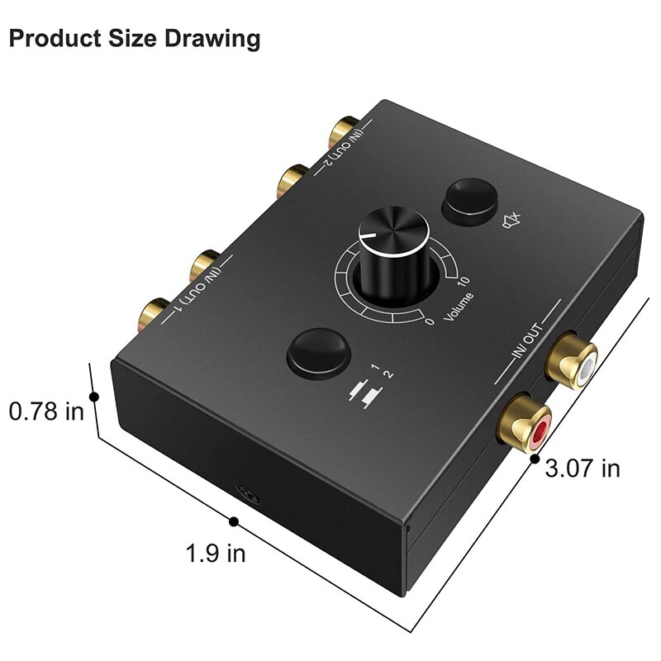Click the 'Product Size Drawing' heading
pos(135,38)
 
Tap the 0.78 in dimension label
pos(46,411)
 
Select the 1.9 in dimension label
pos(216,552)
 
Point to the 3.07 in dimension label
pos(583,468)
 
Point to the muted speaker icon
pos(513,221)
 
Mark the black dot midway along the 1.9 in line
pos(235,521)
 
